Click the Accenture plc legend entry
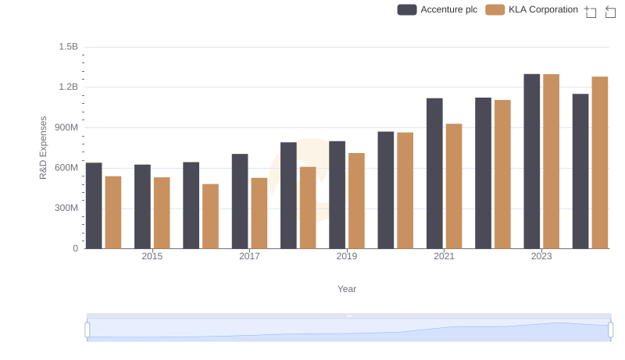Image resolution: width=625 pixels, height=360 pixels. (437, 9)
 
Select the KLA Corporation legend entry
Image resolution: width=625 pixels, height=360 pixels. (532, 9)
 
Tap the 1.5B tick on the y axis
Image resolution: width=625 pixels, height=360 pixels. (68, 47)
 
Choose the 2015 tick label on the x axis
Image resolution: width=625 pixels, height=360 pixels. (152, 257)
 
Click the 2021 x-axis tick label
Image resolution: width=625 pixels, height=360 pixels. (444, 257)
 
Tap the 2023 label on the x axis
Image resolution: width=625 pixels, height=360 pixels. (541, 257)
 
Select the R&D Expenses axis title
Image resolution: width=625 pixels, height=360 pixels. (44, 148)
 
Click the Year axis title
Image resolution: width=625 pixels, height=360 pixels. (347, 289)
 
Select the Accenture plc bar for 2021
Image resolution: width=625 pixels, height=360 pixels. (434, 173)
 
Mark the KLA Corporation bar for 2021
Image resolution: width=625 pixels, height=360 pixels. (454, 187)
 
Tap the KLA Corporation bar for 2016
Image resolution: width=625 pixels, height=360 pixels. (210, 216)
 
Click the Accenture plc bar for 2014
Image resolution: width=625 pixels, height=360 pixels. (94, 205)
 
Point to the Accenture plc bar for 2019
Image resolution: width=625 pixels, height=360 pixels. (337, 195)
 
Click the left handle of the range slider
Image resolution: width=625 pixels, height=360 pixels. (87, 330)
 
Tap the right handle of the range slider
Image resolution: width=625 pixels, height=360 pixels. (609, 330)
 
